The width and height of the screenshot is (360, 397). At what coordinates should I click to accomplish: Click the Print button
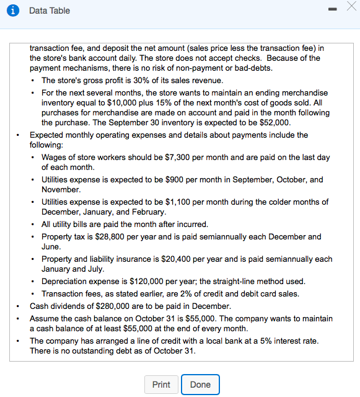point(161,385)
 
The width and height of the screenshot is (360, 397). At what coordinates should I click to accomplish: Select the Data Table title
point(50,11)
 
